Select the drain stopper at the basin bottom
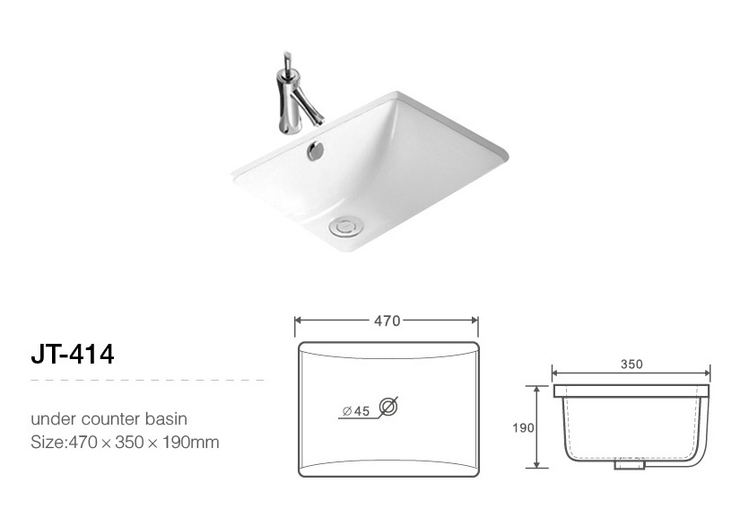[345, 227]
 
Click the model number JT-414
[73, 354]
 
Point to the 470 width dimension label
[387, 321]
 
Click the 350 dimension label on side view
[631, 364]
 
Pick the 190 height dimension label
[523, 428]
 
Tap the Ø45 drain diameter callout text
[356, 411]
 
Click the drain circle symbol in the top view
[387, 407]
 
